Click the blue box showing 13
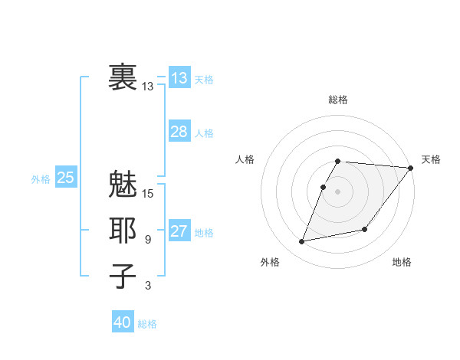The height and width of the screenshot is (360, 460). click(179, 78)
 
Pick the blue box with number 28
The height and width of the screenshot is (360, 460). click(179, 132)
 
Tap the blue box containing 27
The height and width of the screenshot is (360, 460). click(179, 232)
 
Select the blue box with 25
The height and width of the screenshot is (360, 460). click(66, 178)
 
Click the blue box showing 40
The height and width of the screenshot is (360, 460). click(123, 322)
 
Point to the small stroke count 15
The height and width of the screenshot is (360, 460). click(148, 194)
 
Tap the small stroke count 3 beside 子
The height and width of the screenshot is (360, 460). click(148, 286)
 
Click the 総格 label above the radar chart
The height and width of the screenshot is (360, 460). click(338, 100)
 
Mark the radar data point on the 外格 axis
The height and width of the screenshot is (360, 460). click(302, 242)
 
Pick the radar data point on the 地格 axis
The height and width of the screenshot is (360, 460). click(365, 229)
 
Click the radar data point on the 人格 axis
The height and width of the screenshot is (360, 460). click(324, 187)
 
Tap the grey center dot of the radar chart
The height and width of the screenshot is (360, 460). click(338, 191)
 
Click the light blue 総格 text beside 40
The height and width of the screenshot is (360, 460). click(147, 324)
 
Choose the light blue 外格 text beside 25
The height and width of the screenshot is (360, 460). click(41, 179)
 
